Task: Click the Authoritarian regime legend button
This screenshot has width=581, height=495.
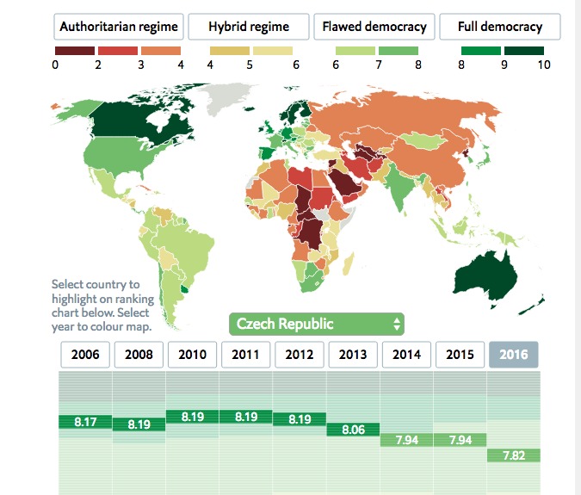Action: pos(118,27)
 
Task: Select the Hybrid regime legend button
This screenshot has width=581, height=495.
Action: pos(249,27)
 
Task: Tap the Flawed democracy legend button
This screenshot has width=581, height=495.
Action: pos(374,27)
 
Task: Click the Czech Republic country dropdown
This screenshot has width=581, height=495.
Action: pos(316,325)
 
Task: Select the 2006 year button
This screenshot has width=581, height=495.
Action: pos(85,355)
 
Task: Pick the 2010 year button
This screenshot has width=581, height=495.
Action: pos(192,355)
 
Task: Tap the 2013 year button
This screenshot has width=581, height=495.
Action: pos(353,355)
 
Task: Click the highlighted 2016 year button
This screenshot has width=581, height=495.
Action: pos(513,355)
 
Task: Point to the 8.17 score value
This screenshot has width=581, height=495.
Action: pos(84,422)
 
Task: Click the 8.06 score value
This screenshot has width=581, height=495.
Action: pos(353,429)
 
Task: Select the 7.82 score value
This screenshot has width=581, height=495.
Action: pos(513,455)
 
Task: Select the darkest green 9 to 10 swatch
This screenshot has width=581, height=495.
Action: pos(524,51)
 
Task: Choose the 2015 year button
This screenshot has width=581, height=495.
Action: pos(460,355)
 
